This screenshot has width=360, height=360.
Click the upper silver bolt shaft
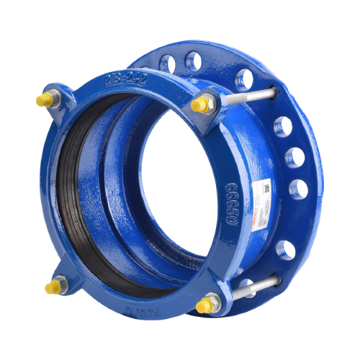[x=248, y=96]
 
